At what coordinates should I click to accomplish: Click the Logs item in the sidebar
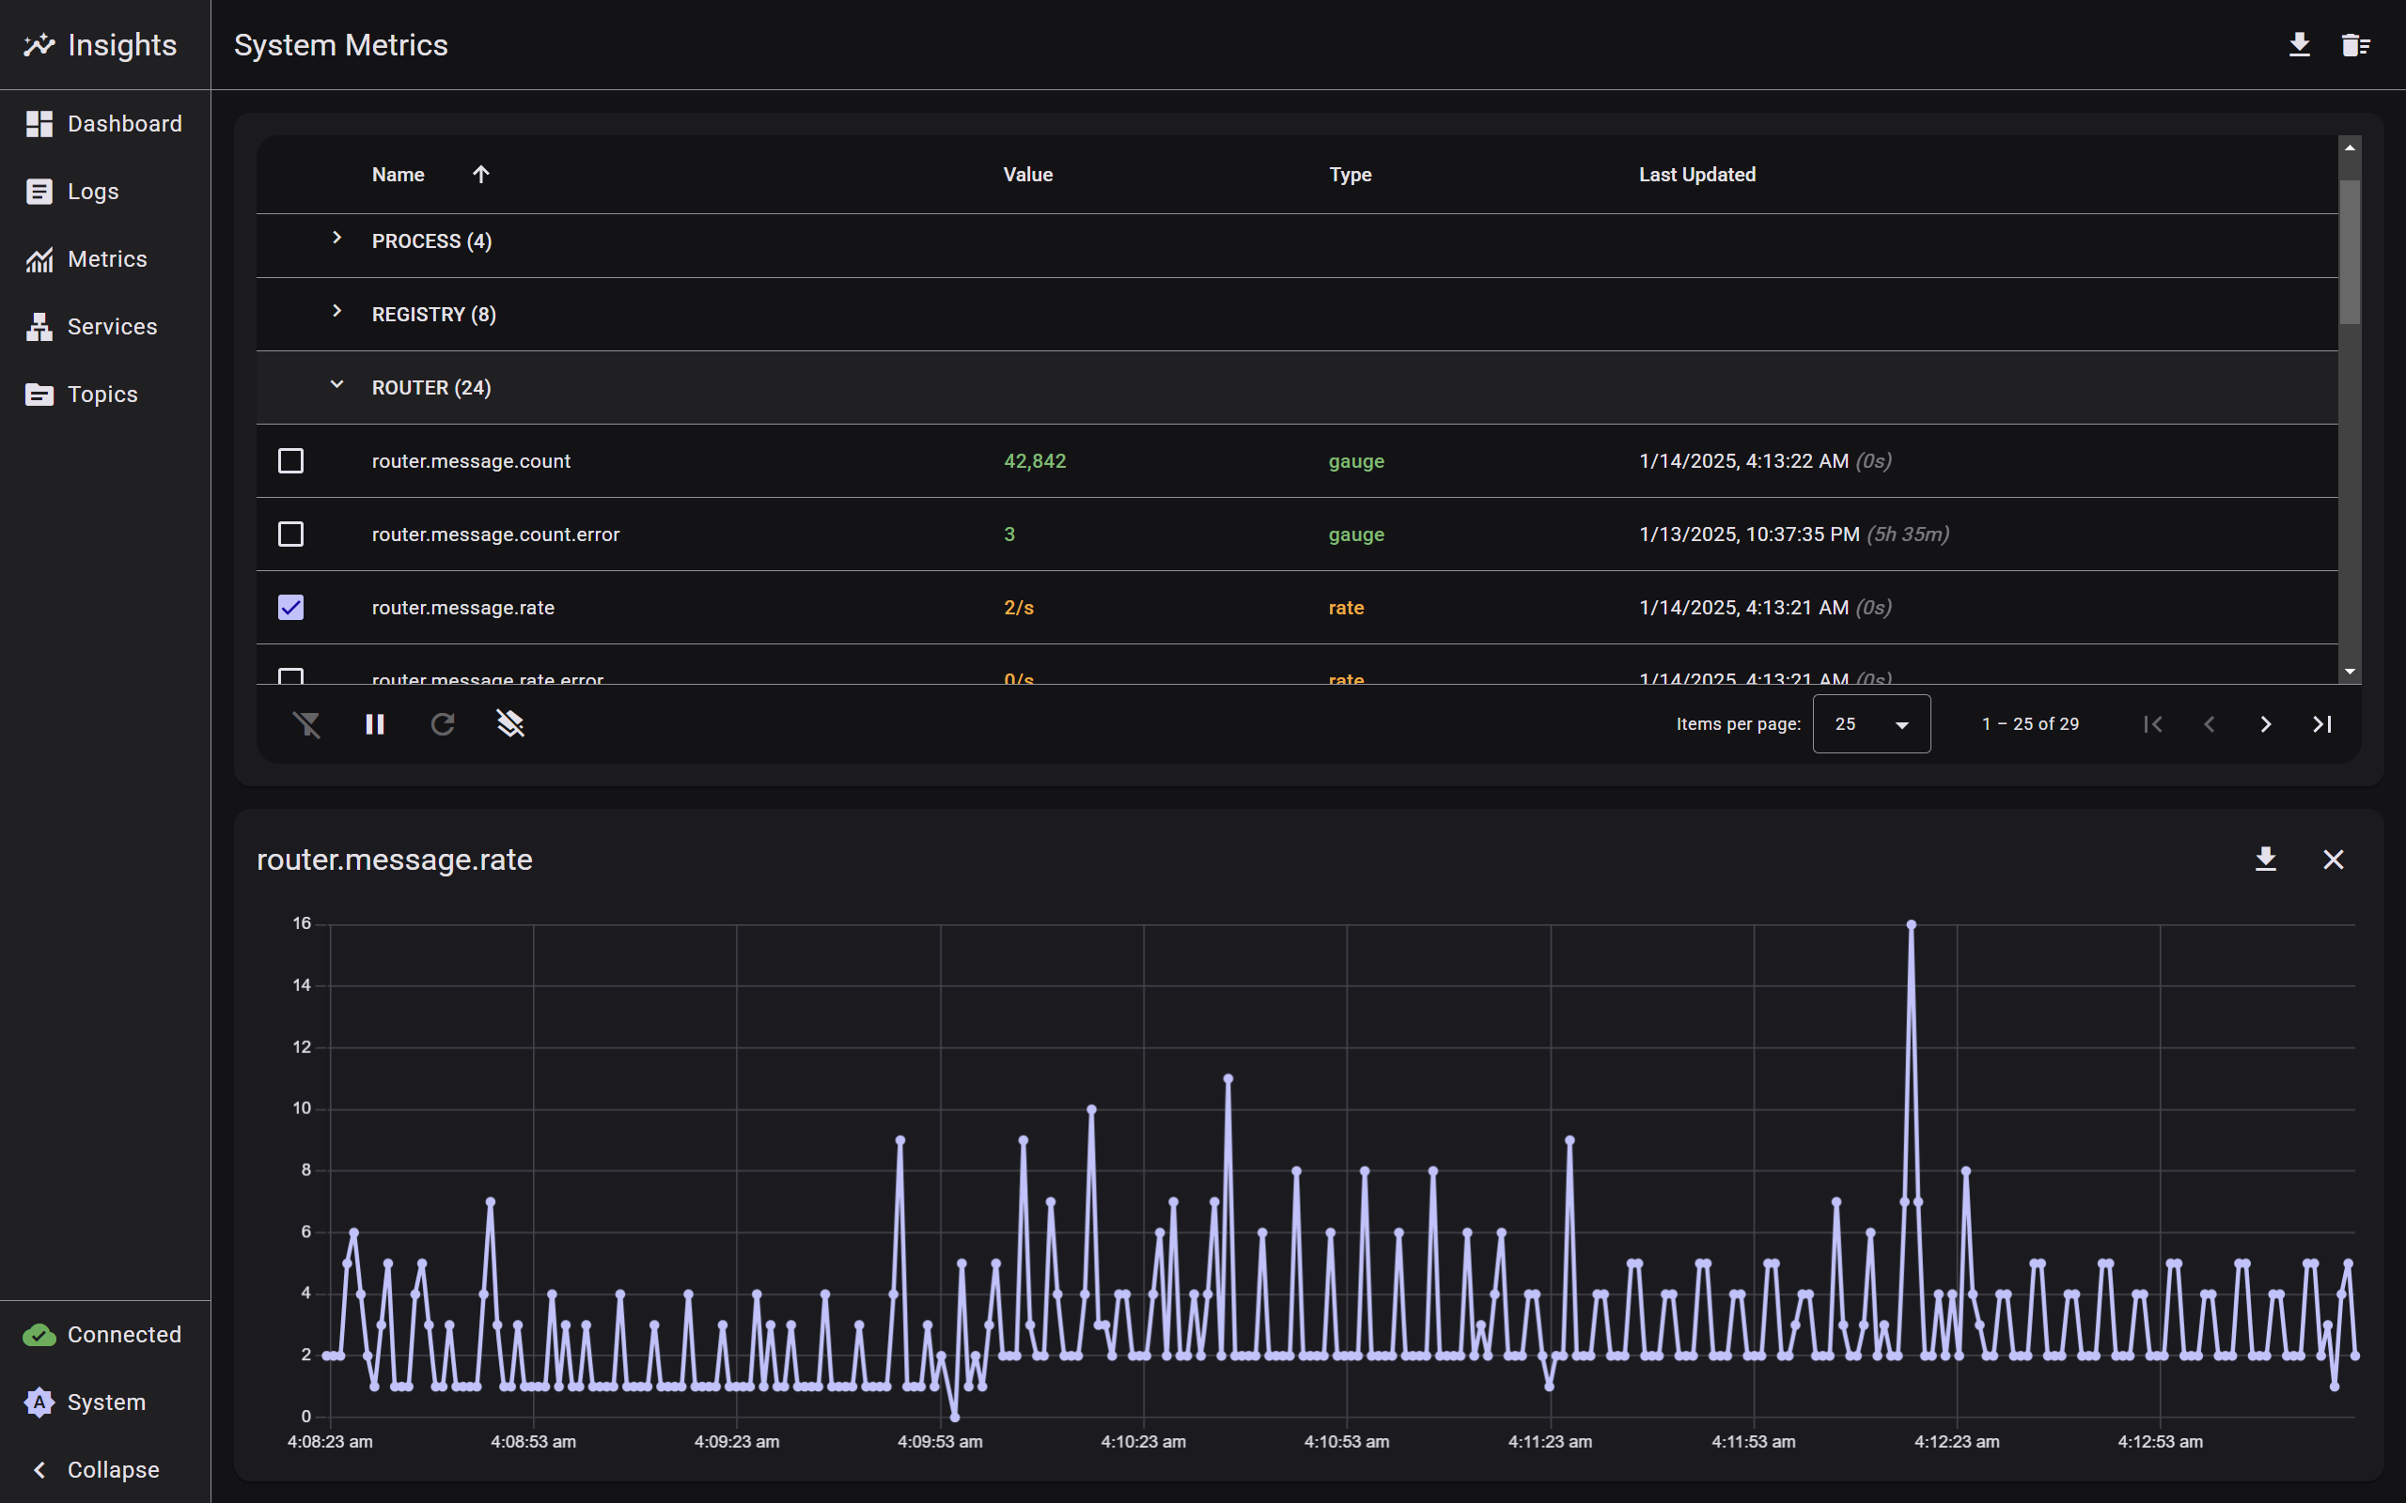(x=92, y=192)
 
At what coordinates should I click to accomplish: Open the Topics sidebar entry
(x=102, y=395)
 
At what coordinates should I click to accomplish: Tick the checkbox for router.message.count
(x=290, y=461)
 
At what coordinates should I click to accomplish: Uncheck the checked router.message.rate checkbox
(x=290, y=608)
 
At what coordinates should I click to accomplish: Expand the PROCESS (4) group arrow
(x=337, y=239)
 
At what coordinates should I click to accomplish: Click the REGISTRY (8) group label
(x=433, y=314)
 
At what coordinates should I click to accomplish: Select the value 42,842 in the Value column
(x=1034, y=461)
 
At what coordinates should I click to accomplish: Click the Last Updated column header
(x=1696, y=175)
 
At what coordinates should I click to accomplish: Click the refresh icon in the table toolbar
(x=443, y=723)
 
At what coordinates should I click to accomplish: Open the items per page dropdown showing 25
(x=1870, y=723)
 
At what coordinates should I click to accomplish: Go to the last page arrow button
(x=2321, y=723)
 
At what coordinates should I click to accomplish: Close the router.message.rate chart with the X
(x=2333, y=860)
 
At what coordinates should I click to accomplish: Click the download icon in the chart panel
(x=2265, y=860)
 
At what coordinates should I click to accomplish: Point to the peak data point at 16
(x=1911, y=924)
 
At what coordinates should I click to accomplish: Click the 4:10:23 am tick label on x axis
(x=1142, y=1441)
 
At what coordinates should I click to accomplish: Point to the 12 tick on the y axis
(x=302, y=1046)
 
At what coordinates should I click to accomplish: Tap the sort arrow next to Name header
(x=481, y=175)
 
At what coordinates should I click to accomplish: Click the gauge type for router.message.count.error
(x=1356, y=535)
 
